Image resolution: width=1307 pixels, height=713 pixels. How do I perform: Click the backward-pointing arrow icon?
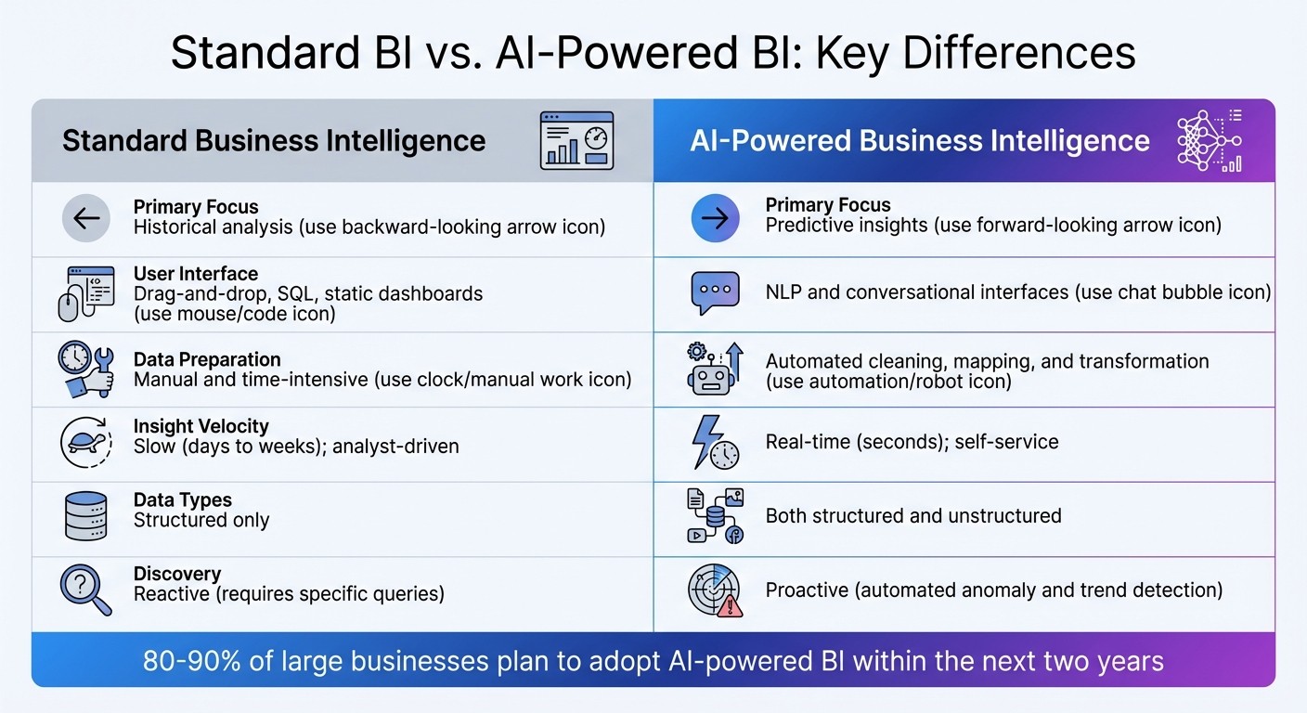click(x=86, y=218)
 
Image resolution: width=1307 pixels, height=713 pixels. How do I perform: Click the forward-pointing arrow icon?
click(x=716, y=218)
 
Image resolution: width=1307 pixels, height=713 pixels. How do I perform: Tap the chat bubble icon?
click(x=716, y=293)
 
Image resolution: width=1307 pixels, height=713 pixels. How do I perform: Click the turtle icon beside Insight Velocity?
click(x=85, y=444)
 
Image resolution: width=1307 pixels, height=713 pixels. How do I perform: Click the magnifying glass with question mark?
click(x=85, y=591)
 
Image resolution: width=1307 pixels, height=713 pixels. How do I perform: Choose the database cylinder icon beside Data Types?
click(x=85, y=517)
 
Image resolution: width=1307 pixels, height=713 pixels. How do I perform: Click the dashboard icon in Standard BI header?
click(x=576, y=140)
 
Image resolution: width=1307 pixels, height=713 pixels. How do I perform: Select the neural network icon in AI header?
click(x=1209, y=140)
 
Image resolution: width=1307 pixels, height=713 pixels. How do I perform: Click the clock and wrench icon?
click(x=85, y=369)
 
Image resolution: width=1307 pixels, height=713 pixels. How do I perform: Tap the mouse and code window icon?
click(x=85, y=293)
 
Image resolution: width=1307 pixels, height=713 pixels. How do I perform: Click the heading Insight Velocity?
click(x=201, y=426)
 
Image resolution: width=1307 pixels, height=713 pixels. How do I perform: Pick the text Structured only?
click(x=201, y=520)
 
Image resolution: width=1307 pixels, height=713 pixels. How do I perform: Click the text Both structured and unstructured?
click(x=912, y=516)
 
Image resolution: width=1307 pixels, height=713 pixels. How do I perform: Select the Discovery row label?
click(x=176, y=574)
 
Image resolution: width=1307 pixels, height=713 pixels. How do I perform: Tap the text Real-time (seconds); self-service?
click(x=912, y=442)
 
